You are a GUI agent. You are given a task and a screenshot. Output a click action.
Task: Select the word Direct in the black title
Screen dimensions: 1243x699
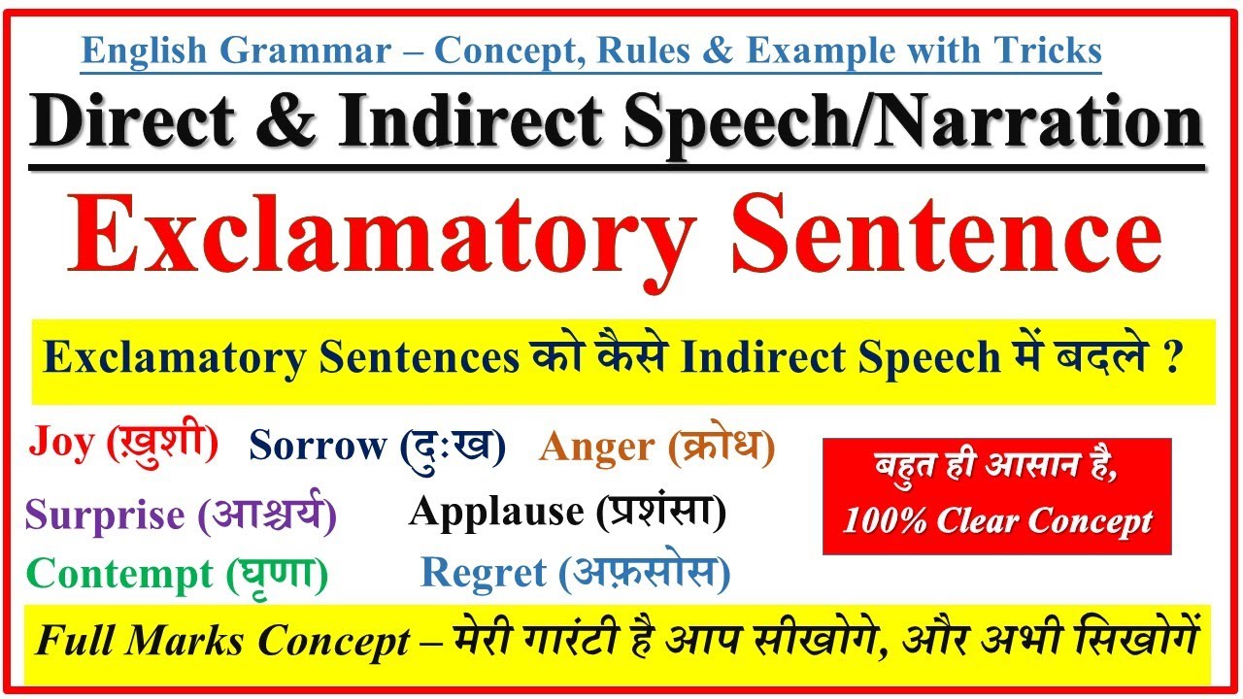[132, 121]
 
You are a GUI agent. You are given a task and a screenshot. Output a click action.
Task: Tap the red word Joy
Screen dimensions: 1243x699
[61, 443]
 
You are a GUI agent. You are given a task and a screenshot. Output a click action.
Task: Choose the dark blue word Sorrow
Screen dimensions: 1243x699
[318, 445]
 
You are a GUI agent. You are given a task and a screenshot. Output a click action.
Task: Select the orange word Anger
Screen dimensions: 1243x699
[596, 448]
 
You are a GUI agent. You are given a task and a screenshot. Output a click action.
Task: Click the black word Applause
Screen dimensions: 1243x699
[496, 512]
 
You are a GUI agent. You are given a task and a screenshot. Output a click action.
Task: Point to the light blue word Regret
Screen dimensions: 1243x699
[484, 573]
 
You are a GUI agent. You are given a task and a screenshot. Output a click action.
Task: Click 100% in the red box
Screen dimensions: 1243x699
[885, 520]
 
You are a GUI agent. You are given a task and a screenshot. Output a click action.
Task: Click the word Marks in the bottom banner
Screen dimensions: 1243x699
[185, 642]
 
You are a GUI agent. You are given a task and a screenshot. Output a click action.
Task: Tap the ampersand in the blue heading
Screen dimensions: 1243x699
[717, 50]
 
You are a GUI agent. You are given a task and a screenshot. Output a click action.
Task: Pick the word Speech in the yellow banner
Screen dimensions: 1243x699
[929, 358]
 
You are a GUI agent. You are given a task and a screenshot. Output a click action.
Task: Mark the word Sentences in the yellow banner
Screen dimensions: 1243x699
[419, 358]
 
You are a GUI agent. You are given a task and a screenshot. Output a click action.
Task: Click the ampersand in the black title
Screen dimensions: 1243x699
[286, 121]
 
